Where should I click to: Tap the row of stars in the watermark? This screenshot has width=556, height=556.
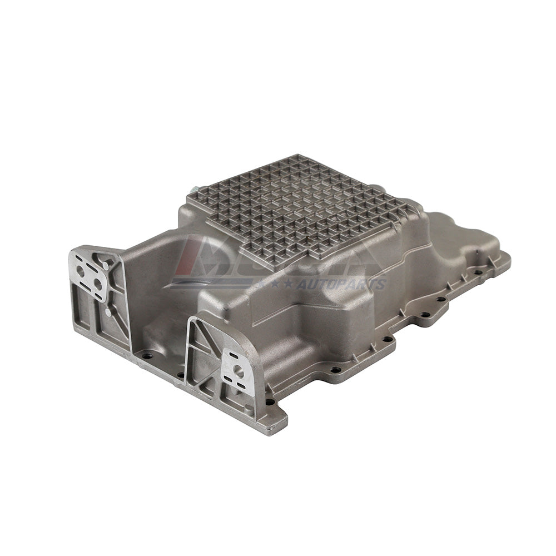(x=275, y=285)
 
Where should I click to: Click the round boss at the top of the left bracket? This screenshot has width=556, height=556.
(x=105, y=266)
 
